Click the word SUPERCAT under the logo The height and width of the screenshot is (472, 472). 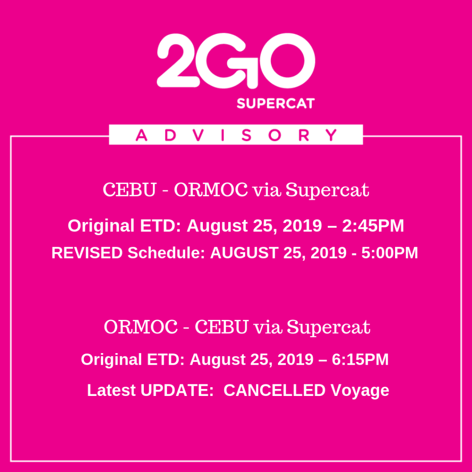pyautogui.click(x=276, y=104)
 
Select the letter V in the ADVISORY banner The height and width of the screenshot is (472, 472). pyautogui.click(x=198, y=135)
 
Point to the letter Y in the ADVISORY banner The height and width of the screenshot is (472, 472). pyautogui.click(x=331, y=135)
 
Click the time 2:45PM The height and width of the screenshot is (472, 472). pyautogui.click(x=373, y=225)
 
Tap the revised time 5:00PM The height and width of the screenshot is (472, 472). pyautogui.click(x=389, y=253)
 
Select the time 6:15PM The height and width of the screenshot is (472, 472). pyautogui.click(x=360, y=360)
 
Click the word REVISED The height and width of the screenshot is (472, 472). pyautogui.click(x=87, y=253)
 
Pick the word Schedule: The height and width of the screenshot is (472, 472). pyautogui.click(x=166, y=253)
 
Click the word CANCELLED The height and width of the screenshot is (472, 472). pyautogui.click(x=275, y=390)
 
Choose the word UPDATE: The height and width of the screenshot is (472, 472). pyautogui.click(x=177, y=390)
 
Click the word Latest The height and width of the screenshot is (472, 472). pyautogui.click(x=112, y=390)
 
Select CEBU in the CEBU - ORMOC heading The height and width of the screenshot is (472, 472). pyautogui.click(x=130, y=189)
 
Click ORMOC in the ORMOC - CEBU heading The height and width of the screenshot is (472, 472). pyautogui.click(x=141, y=327)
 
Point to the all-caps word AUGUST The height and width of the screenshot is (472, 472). pyautogui.click(x=244, y=253)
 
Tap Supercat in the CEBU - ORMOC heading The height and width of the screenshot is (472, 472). pyautogui.click(x=327, y=190)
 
